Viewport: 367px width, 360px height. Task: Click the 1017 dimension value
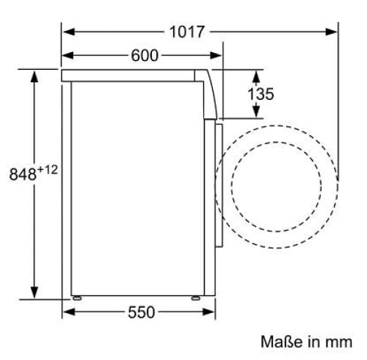[x=188, y=32]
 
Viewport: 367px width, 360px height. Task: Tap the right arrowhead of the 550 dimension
[x=208, y=312]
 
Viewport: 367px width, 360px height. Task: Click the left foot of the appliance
[x=76, y=298]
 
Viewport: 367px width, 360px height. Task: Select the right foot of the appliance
[x=196, y=298]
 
